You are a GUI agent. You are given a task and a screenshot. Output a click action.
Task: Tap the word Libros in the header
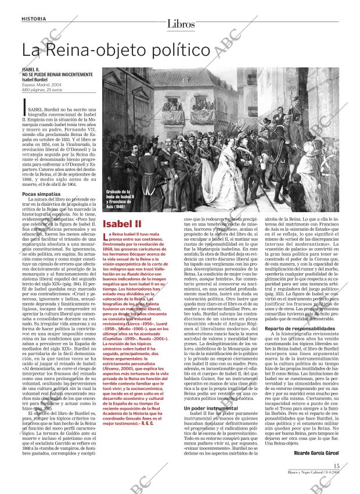[x=180, y=24]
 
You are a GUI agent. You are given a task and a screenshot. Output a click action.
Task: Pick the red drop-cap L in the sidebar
[x=105, y=236]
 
